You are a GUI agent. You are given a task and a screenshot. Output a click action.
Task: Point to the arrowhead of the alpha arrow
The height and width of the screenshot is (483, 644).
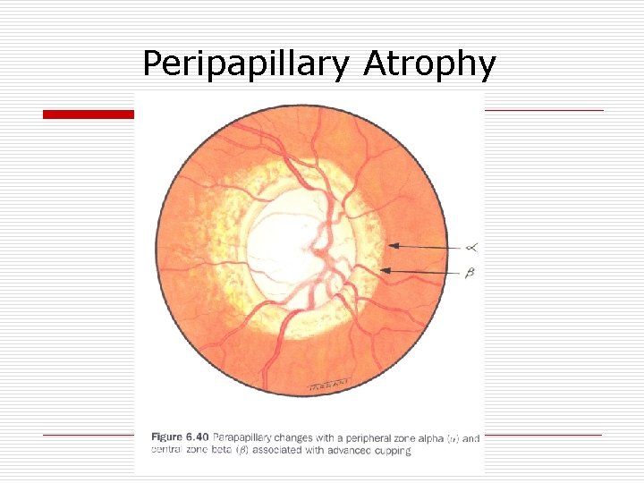coord(391,244)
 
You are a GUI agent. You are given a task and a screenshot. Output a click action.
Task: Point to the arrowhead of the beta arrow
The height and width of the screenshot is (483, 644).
coord(384,269)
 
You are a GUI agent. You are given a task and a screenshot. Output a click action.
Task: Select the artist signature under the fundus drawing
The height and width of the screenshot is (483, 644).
coord(326,386)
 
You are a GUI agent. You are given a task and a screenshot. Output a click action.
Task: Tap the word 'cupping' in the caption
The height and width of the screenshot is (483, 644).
coord(392,451)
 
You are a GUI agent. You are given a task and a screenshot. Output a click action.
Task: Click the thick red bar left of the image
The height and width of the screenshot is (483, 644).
coord(89,114)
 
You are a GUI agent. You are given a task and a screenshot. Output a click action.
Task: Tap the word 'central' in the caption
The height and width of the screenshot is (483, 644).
coord(168,451)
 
